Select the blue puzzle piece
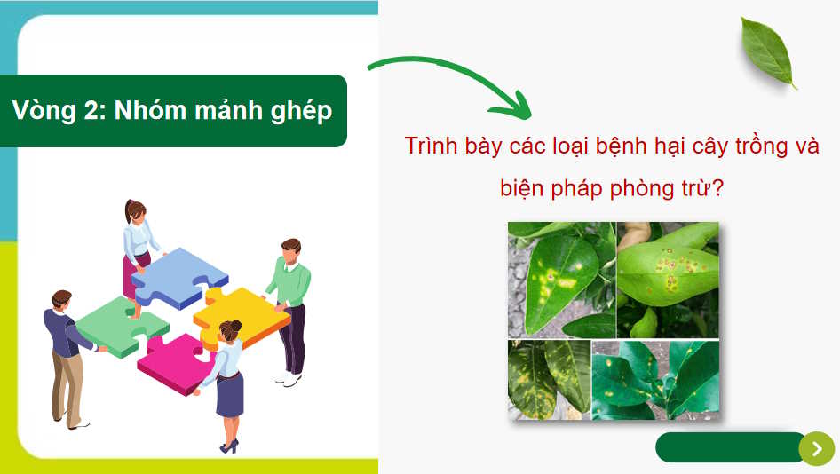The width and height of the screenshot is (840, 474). coord(178,277)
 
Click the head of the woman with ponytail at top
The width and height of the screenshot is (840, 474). coord(135,211)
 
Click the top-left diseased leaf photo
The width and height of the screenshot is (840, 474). coord(561,279)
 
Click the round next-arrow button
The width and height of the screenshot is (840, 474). coord(816,448)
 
